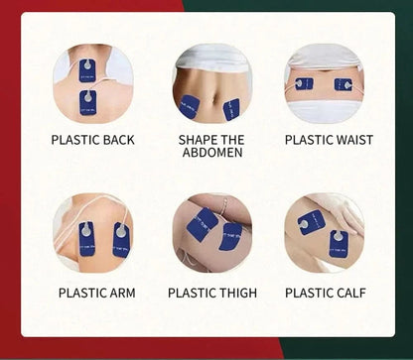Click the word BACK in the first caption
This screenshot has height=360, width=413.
[118, 140]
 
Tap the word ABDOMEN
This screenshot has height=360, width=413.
[212, 153]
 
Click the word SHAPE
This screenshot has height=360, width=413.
[197, 140]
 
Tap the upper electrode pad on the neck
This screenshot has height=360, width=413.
[87, 70]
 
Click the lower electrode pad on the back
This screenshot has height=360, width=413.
[88, 102]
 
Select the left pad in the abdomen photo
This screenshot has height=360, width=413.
[190, 106]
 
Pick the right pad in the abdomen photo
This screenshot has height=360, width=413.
[231, 109]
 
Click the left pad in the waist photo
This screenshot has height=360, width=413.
[304, 84]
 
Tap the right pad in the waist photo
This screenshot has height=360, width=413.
[344, 84]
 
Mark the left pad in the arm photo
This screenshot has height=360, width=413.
[87, 239]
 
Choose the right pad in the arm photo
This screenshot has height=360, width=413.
[121, 240]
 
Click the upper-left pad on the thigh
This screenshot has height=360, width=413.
[202, 224]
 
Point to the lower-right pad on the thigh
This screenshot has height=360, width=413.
[230, 237]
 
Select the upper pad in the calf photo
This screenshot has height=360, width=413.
[311, 222]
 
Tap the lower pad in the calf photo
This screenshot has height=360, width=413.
[339, 244]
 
